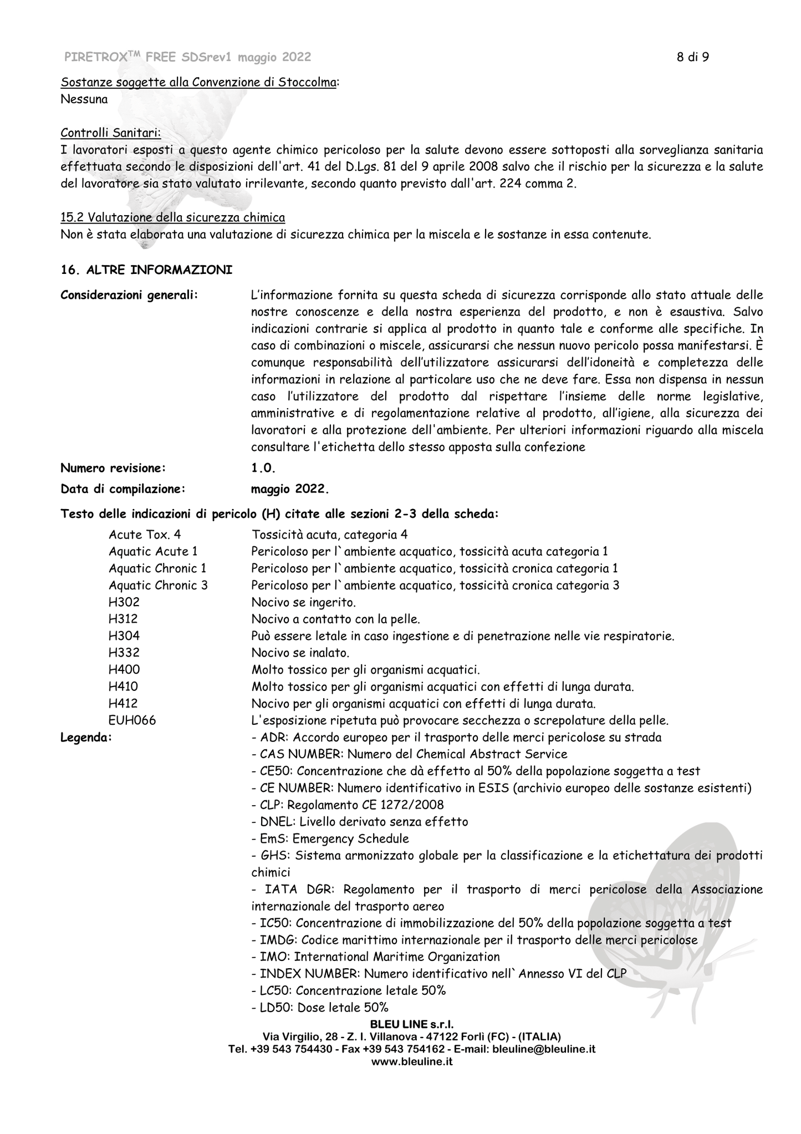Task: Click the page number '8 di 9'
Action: click(x=693, y=57)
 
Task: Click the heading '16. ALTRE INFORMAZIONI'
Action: click(x=146, y=270)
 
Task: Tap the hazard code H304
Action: click(x=124, y=636)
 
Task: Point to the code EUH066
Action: click(x=132, y=721)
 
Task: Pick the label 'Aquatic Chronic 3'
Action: click(x=158, y=585)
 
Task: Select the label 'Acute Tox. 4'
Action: click(x=145, y=535)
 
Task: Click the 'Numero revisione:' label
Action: click(x=113, y=468)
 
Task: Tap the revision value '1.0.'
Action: click(x=263, y=468)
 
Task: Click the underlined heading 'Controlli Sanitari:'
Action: click(x=111, y=133)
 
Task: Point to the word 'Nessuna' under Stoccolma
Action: click(x=84, y=100)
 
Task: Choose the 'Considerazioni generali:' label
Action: click(x=129, y=295)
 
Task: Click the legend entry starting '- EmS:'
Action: click(x=330, y=838)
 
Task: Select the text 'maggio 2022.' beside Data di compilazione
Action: click(x=290, y=489)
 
